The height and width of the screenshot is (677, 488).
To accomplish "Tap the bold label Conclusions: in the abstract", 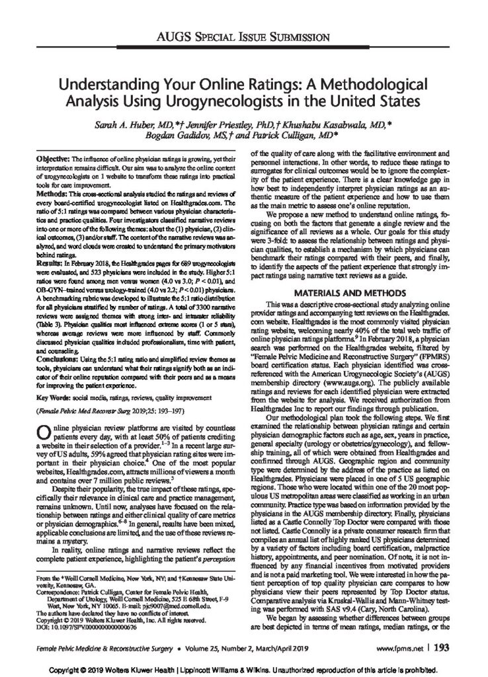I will point(58,358).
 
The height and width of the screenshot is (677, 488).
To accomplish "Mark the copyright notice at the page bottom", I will point(243,666).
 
